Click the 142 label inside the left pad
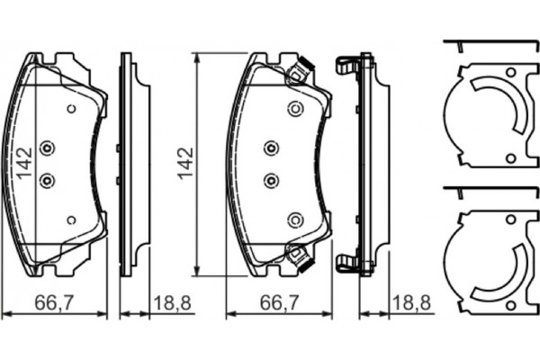(x=25, y=164)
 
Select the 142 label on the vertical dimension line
(x=185, y=164)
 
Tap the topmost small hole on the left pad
(x=71, y=109)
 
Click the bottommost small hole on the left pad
(x=71, y=220)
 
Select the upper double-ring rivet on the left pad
(x=47, y=148)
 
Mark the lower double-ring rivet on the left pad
(x=47, y=181)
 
